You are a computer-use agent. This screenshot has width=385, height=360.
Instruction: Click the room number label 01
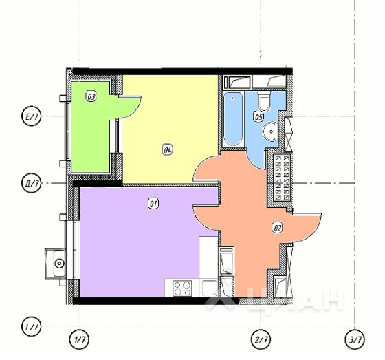coord(154,203)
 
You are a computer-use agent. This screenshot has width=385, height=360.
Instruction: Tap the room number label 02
coord(278,227)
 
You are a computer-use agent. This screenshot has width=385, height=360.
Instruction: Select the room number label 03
coord(91,97)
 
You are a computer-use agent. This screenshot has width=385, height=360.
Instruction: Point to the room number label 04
coord(168,149)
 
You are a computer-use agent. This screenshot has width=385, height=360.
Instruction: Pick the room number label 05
coord(258,117)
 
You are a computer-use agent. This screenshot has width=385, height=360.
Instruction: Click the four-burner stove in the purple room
coord(182,288)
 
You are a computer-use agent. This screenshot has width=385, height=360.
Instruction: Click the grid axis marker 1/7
coord(80,339)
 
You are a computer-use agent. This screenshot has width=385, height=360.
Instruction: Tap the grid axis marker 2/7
coord(261,339)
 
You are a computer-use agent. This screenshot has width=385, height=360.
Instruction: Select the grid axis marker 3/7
coord(355,339)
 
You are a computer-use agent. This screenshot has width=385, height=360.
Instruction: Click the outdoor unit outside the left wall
coord(58,262)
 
